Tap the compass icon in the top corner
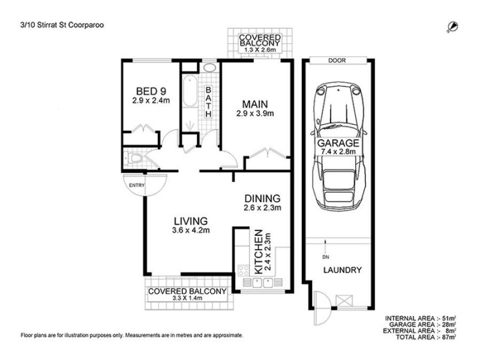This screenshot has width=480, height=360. coord(452,26)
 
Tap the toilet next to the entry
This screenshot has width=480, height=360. coord(136,159)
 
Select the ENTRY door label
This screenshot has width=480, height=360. coord(137,185)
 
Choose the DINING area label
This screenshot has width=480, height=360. coord(262,199)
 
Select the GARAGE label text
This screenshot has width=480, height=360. coord(340,144)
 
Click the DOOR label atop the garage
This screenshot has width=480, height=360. coord(336,61)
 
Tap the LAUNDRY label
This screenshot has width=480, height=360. coord(343,270)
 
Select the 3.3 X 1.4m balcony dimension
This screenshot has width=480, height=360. coord(187,300)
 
